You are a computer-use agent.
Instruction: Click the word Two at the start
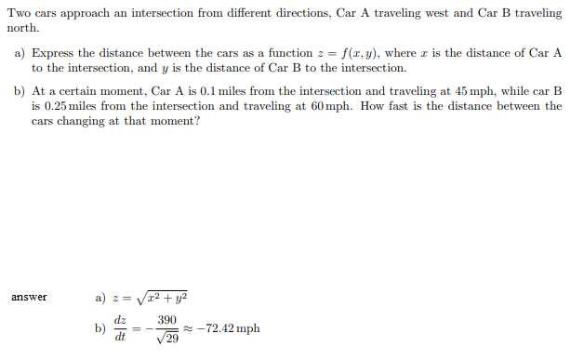(x=19, y=14)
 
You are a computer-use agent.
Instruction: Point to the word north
(x=23, y=28)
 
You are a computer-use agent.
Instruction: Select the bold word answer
(x=29, y=298)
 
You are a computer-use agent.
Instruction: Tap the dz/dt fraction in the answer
(x=119, y=328)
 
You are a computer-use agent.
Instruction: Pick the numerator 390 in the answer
(x=167, y=320)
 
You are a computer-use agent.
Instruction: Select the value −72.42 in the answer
(x=217, y=328)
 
